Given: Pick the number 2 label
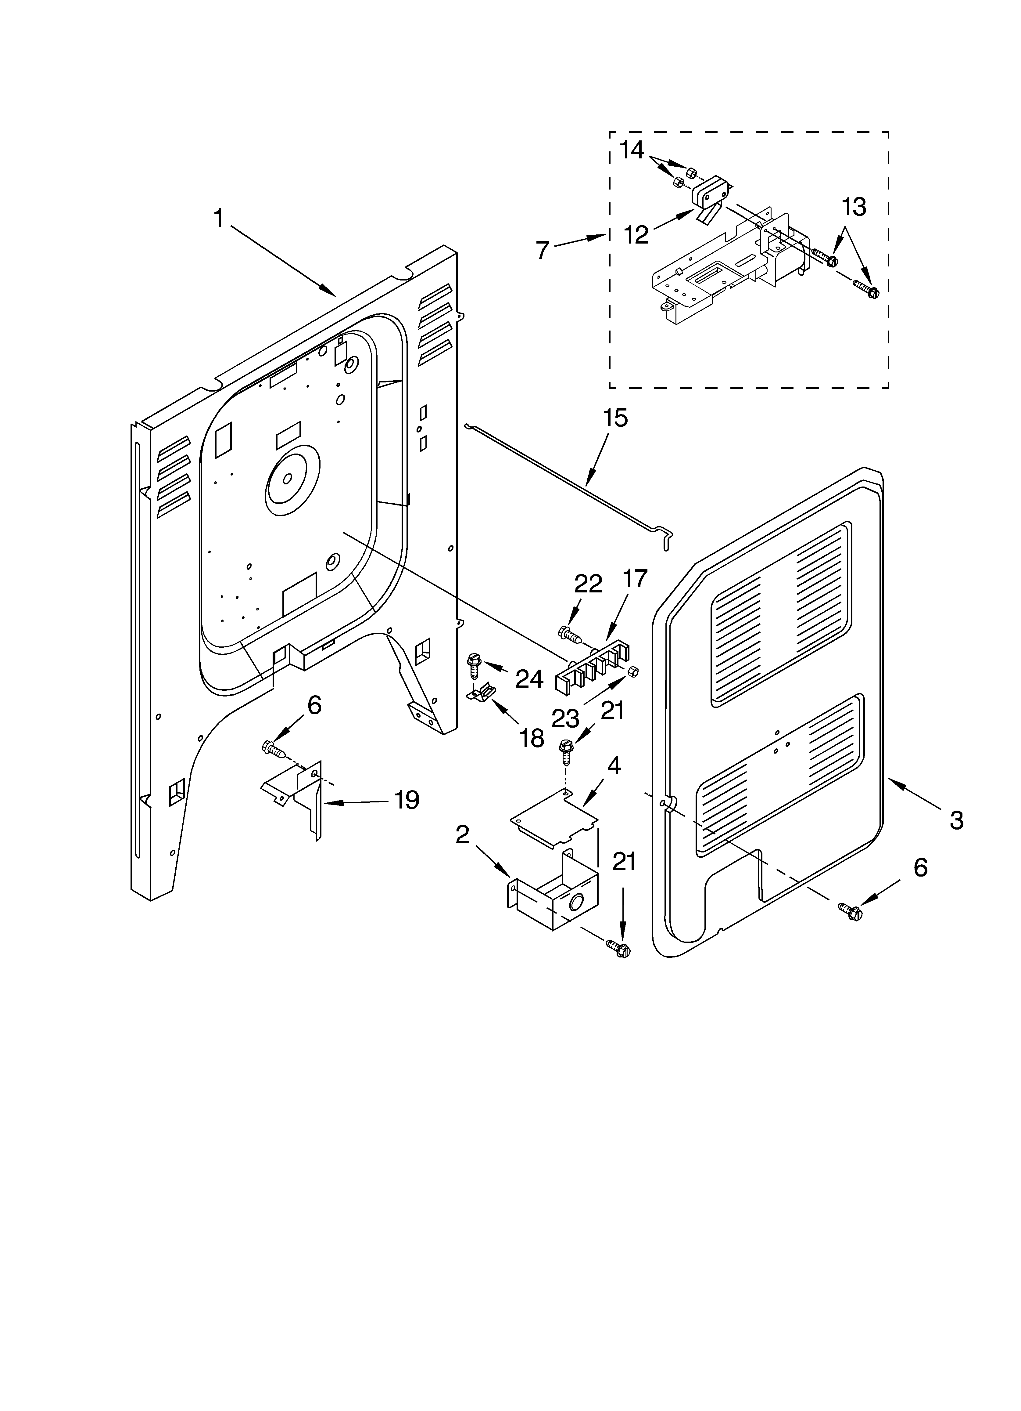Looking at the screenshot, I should point(462,834).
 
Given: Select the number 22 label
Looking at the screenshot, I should point(588,584).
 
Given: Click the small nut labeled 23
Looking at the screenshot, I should point(633,671).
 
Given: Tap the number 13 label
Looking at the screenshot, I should point(854,207).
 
